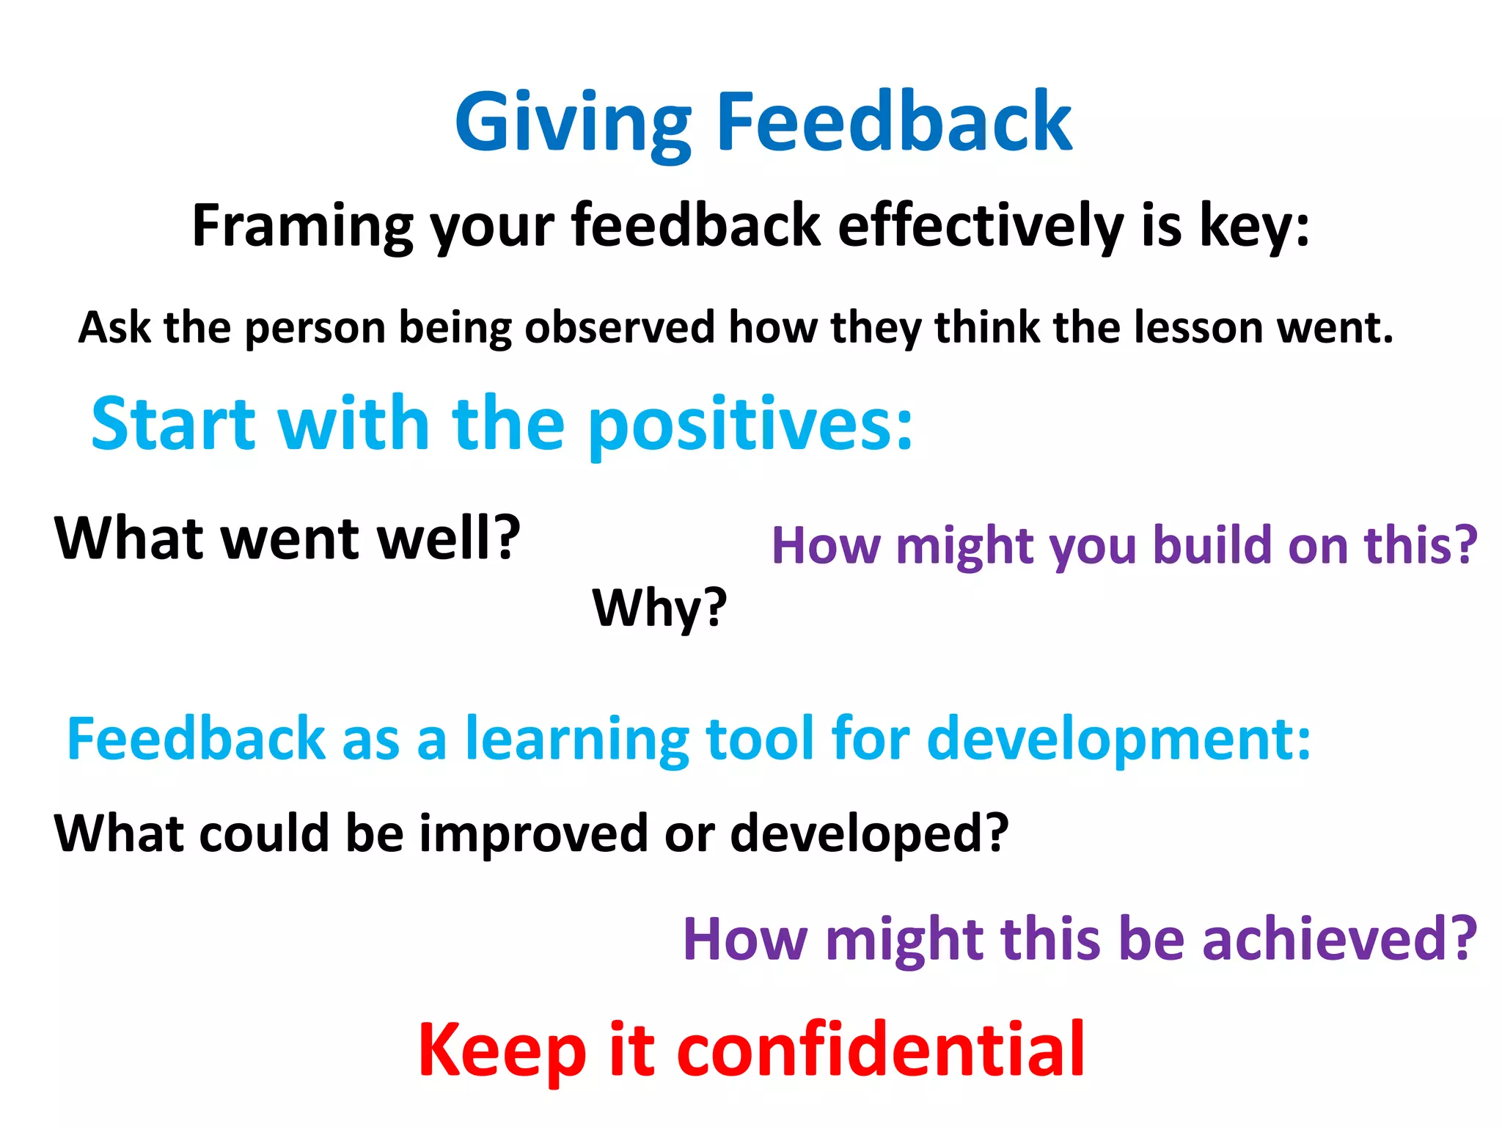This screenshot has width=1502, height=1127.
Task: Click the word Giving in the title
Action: (x=573, y=123)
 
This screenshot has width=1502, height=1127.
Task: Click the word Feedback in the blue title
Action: (x=894, y=122)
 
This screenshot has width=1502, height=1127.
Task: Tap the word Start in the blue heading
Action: (x=173, y=423)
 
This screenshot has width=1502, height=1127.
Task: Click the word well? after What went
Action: (x=448, y=538)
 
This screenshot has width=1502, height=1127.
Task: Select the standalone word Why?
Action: (x=659, y=608)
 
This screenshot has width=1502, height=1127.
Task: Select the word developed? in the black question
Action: (x=870, y=834)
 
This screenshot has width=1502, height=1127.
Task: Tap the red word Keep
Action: (x=502, y=1051)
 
